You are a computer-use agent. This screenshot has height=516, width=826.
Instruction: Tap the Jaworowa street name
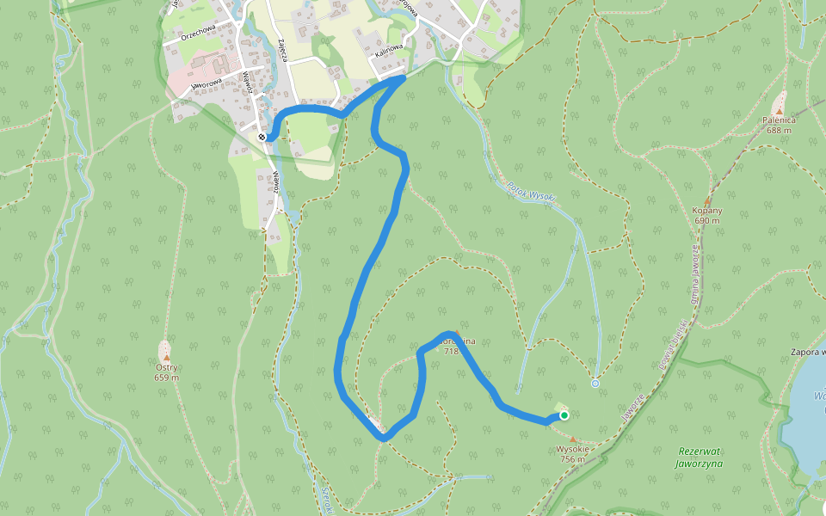tap(207, 86)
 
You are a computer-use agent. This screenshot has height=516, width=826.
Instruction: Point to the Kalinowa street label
tap(389, 53)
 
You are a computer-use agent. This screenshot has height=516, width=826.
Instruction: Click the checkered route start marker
tap(262, 137)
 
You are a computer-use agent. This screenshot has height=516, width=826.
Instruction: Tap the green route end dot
tap(564, 415)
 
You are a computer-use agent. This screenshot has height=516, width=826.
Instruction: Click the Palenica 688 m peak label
tap(780, 126)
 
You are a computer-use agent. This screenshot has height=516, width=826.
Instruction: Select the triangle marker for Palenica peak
tap(780, 111)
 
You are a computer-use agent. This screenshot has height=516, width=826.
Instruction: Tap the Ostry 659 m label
tap(166, 372)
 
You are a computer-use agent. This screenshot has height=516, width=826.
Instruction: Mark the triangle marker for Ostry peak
tap(166, 356)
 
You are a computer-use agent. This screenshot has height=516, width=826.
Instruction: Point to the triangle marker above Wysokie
tap(573, 439)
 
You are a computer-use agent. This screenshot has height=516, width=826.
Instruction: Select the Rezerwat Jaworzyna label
tap(700, 457)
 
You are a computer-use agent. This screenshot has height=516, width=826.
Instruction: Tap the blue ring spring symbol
tap(595, 384)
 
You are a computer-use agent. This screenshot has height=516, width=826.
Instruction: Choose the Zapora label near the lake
tap(808, 352)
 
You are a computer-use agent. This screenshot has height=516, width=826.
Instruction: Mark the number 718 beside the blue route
tap(452, 351)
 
